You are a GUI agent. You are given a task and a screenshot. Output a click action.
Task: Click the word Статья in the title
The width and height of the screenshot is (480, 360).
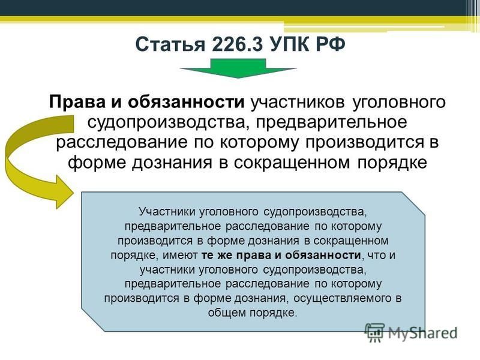coord(170,44)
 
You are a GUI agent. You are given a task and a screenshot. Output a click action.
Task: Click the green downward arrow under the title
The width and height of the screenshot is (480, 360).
coord(238,68)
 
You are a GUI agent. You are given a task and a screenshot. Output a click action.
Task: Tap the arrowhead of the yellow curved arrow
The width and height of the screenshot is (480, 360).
coord(63,192)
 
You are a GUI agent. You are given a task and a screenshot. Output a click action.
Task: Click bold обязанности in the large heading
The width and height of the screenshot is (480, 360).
coord(186,102)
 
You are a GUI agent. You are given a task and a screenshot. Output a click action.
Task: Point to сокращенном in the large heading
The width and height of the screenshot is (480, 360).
coord(292,163)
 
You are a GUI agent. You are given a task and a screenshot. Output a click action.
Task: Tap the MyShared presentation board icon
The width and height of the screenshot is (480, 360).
coord(374,333)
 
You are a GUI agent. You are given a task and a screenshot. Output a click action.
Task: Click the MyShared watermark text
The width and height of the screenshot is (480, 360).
coord(423,333)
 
